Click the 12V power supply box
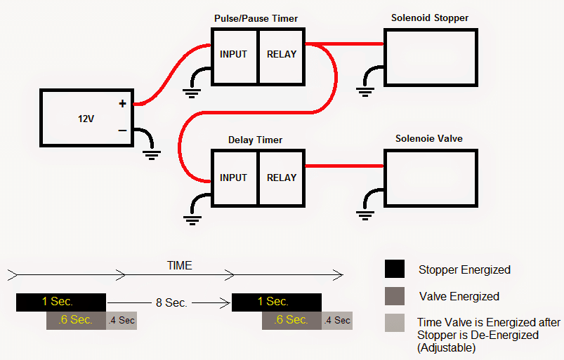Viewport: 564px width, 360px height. click(86, 118)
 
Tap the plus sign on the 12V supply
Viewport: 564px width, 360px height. click(122, 104)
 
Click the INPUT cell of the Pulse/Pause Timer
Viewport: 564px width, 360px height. click(234, 54)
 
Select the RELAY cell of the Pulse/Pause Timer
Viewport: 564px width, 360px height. click(282, 54)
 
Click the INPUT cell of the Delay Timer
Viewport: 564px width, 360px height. click(234, 178)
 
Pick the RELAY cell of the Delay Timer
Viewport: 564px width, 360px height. click(282, 178)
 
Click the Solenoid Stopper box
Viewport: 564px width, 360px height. click(431, 58)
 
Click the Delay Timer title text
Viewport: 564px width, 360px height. click(256, 140)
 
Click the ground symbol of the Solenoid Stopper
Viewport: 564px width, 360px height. click(364, 89)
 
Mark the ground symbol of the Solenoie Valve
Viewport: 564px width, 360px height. click(364, 213)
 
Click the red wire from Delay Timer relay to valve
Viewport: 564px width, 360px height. click(344, 166)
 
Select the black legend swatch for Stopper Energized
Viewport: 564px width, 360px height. click(394, 269)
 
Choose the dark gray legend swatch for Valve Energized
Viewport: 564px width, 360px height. click(394, 296)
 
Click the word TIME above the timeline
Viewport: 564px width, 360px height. click(179, 266)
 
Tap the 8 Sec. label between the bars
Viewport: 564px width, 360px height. click(171, 302)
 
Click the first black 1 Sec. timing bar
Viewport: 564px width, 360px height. click(60, 302)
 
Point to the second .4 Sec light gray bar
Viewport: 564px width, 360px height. click(337, 321)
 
